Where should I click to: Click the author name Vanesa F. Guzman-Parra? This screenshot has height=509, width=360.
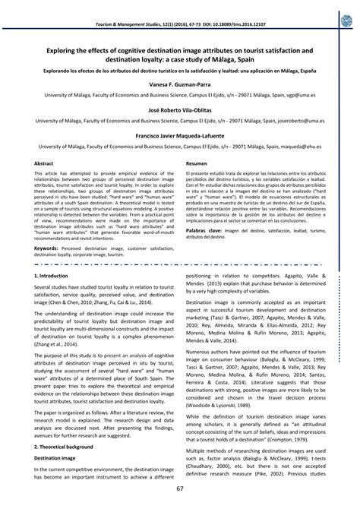tap(180, 84)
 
